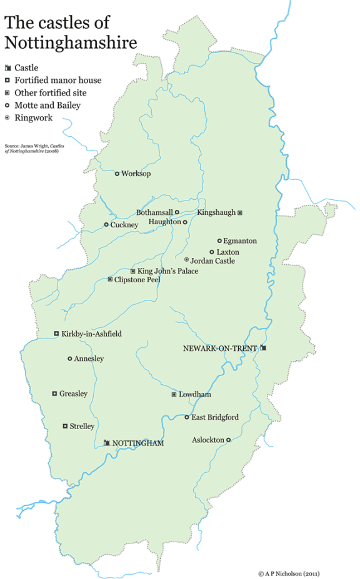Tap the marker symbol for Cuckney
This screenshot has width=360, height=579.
pos(106,225)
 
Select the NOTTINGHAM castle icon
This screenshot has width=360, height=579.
pos(107,443)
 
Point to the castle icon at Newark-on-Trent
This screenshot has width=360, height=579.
pos(264,348)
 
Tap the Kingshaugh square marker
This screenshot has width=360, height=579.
pos(240,213)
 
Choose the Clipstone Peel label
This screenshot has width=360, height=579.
pos(137,280)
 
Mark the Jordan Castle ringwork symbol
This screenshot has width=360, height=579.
pos(186,260)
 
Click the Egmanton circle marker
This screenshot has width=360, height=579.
pos(219,240)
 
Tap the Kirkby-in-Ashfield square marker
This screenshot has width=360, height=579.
pos(56,334)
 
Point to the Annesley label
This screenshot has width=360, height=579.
pos(89,359)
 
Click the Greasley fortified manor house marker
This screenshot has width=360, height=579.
pos(54,393)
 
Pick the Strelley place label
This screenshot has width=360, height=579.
pos(82,427)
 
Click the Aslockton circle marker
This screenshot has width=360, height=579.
pos(228,440)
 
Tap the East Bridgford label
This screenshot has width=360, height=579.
pos(215,417)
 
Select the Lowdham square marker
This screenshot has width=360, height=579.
pos(174,395)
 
